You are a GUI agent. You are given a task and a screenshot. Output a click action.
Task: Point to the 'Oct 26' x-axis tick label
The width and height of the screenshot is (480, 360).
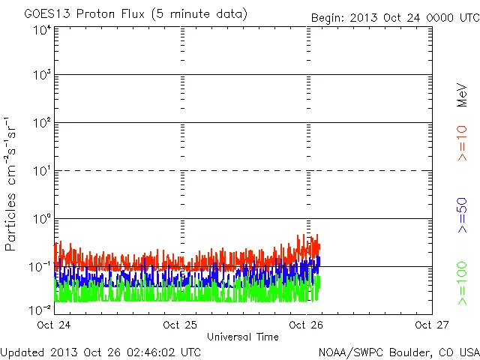(x=305, y=325)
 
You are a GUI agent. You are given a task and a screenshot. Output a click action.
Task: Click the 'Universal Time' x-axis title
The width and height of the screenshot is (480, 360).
(x=242, y=337)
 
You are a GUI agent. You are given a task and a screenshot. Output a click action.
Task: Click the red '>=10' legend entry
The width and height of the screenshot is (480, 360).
(x=462, y=142)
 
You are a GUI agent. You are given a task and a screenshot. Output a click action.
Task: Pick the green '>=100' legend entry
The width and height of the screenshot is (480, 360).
(x=462, y=282)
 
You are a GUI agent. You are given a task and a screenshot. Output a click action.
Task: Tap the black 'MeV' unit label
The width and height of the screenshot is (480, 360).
(x=462, y=94)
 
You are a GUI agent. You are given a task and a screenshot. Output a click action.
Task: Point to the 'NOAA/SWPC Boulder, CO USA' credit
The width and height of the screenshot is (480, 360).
(x=398, y=351)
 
